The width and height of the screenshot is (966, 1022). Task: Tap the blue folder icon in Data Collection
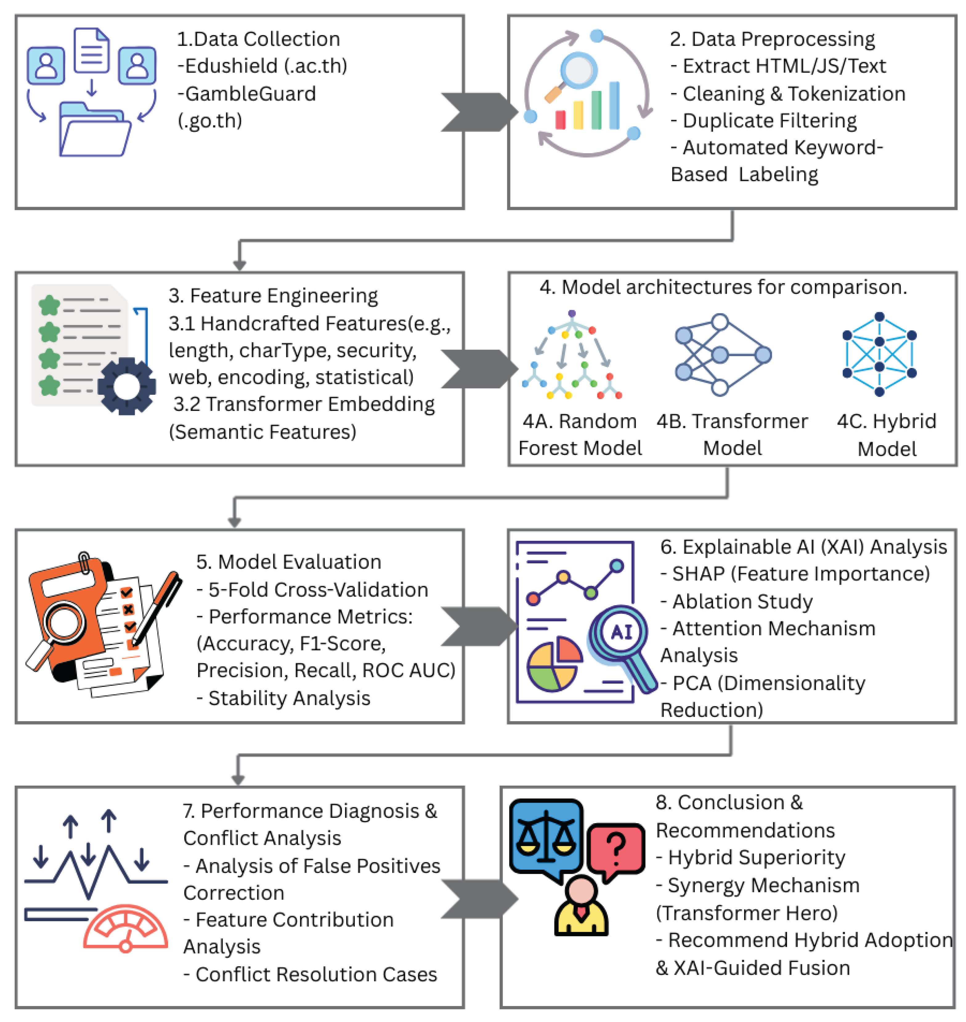pos(95,131)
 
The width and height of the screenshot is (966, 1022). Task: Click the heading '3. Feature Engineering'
pos(273,296)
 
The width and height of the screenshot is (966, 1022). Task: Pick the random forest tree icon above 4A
pos(572,355)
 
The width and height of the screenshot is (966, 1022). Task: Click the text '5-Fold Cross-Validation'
pos(318,589)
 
